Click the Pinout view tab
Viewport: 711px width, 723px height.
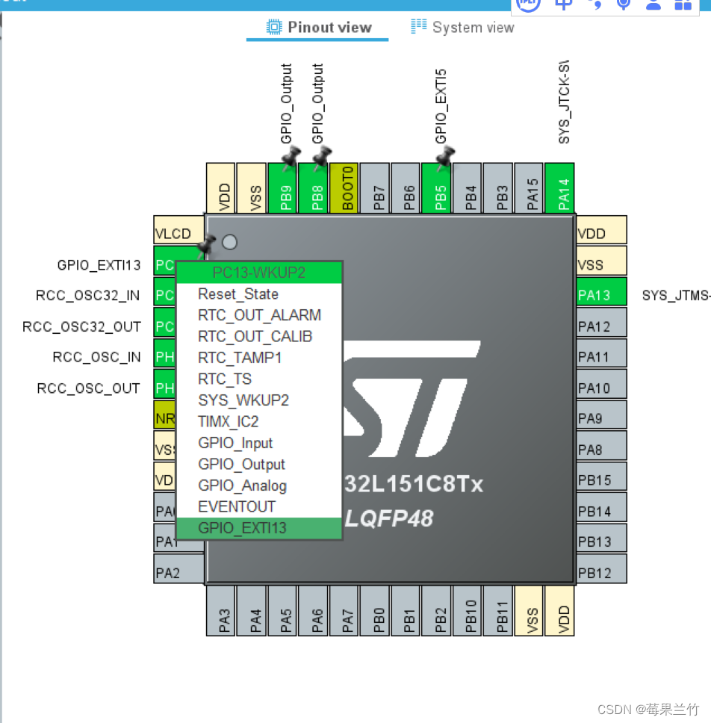[319, 28]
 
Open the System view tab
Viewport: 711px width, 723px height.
[462, 28]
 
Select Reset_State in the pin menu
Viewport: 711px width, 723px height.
[237, 294]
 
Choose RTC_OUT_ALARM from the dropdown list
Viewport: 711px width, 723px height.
[259, 315]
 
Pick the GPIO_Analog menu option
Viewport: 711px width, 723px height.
[242, 485]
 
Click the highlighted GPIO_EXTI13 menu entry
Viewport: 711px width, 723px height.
[242, 528]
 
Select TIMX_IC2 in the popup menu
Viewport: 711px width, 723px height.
[228, 421]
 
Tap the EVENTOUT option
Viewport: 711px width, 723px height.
[236, 506]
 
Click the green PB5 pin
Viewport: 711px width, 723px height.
[440, 189]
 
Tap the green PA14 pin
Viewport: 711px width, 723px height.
[564, 189]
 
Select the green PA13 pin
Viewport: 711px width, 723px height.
[600, 295]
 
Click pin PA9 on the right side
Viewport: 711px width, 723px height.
[600, 418]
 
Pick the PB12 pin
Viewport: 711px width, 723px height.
[600, 573]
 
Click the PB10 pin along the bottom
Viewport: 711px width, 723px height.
[471, 610]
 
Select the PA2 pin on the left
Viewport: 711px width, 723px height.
[178, 573]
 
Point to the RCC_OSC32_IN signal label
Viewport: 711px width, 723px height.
[87, 295]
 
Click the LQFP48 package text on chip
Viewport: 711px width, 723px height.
[389, 518]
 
